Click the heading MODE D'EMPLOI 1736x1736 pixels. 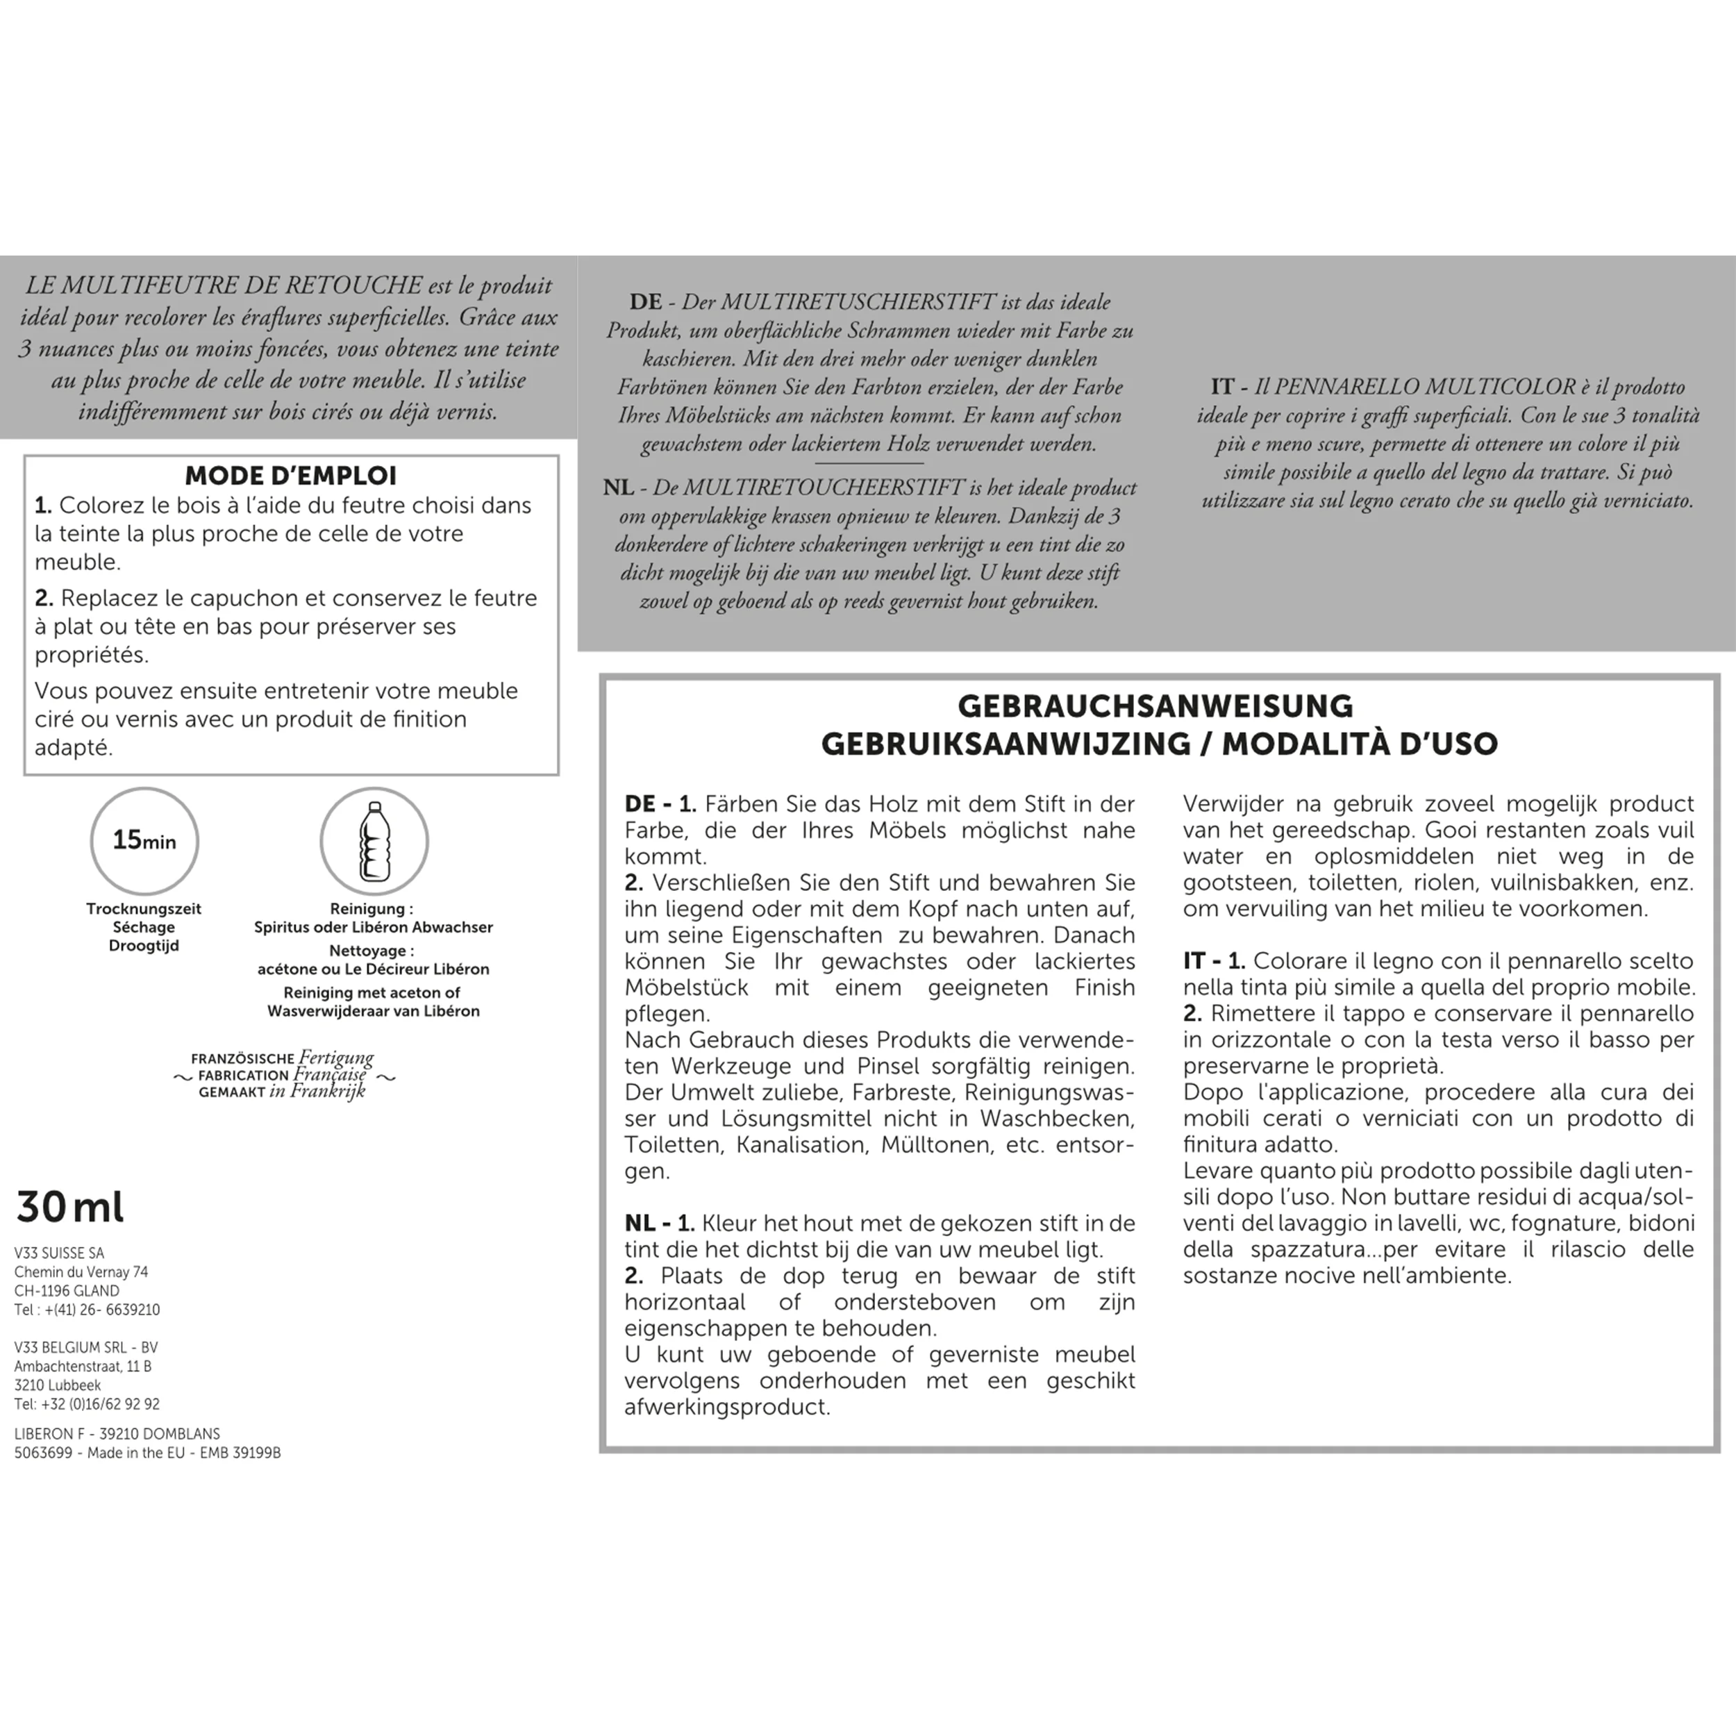click(290, 476)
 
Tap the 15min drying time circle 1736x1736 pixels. click(144, 841)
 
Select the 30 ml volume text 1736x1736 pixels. click(70, 1207)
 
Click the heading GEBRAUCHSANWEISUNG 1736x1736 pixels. click(1155, 706)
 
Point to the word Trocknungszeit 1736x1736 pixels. click(144, 908)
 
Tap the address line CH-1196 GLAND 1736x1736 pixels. click(67, 1290)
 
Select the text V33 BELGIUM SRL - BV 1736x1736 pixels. click(86, 1347)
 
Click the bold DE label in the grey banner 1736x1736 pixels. click(645, 302)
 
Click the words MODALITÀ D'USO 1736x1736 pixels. click(1360, 744)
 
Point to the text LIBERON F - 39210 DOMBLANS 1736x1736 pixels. click(117, 1433)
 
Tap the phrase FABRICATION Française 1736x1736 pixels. click(282, 1075)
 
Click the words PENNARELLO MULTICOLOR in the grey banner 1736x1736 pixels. click(1424, 387)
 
